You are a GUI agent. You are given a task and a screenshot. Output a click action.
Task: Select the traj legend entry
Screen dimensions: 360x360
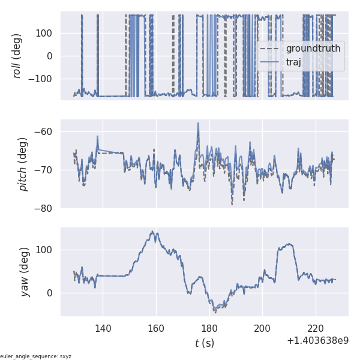pos(293,62)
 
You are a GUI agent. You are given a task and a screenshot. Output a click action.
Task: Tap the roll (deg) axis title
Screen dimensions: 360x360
pos(17,55)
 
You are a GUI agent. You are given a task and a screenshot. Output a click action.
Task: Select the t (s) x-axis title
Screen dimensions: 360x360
pos(204,343)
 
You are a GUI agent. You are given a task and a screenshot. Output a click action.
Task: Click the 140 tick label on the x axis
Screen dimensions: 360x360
pos(103,328)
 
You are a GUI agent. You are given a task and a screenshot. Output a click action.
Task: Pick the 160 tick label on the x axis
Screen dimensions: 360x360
pos(156,328)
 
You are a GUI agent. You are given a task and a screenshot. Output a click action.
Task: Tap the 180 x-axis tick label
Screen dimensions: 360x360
pos(209,328)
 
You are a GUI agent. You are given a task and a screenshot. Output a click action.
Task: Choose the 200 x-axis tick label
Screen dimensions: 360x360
pos(262,328)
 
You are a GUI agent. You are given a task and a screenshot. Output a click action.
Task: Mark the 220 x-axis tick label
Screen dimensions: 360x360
pos(315,328)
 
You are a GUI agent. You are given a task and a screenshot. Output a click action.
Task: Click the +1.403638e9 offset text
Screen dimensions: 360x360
pos(317,341)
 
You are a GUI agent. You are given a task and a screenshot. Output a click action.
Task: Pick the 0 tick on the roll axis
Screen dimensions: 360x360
pos(50,56)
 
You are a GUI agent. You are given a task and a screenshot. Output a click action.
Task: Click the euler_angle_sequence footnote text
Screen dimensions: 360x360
pos(36,356)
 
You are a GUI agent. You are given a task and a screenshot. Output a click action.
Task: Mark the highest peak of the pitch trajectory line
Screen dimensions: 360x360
pos(198,123)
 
